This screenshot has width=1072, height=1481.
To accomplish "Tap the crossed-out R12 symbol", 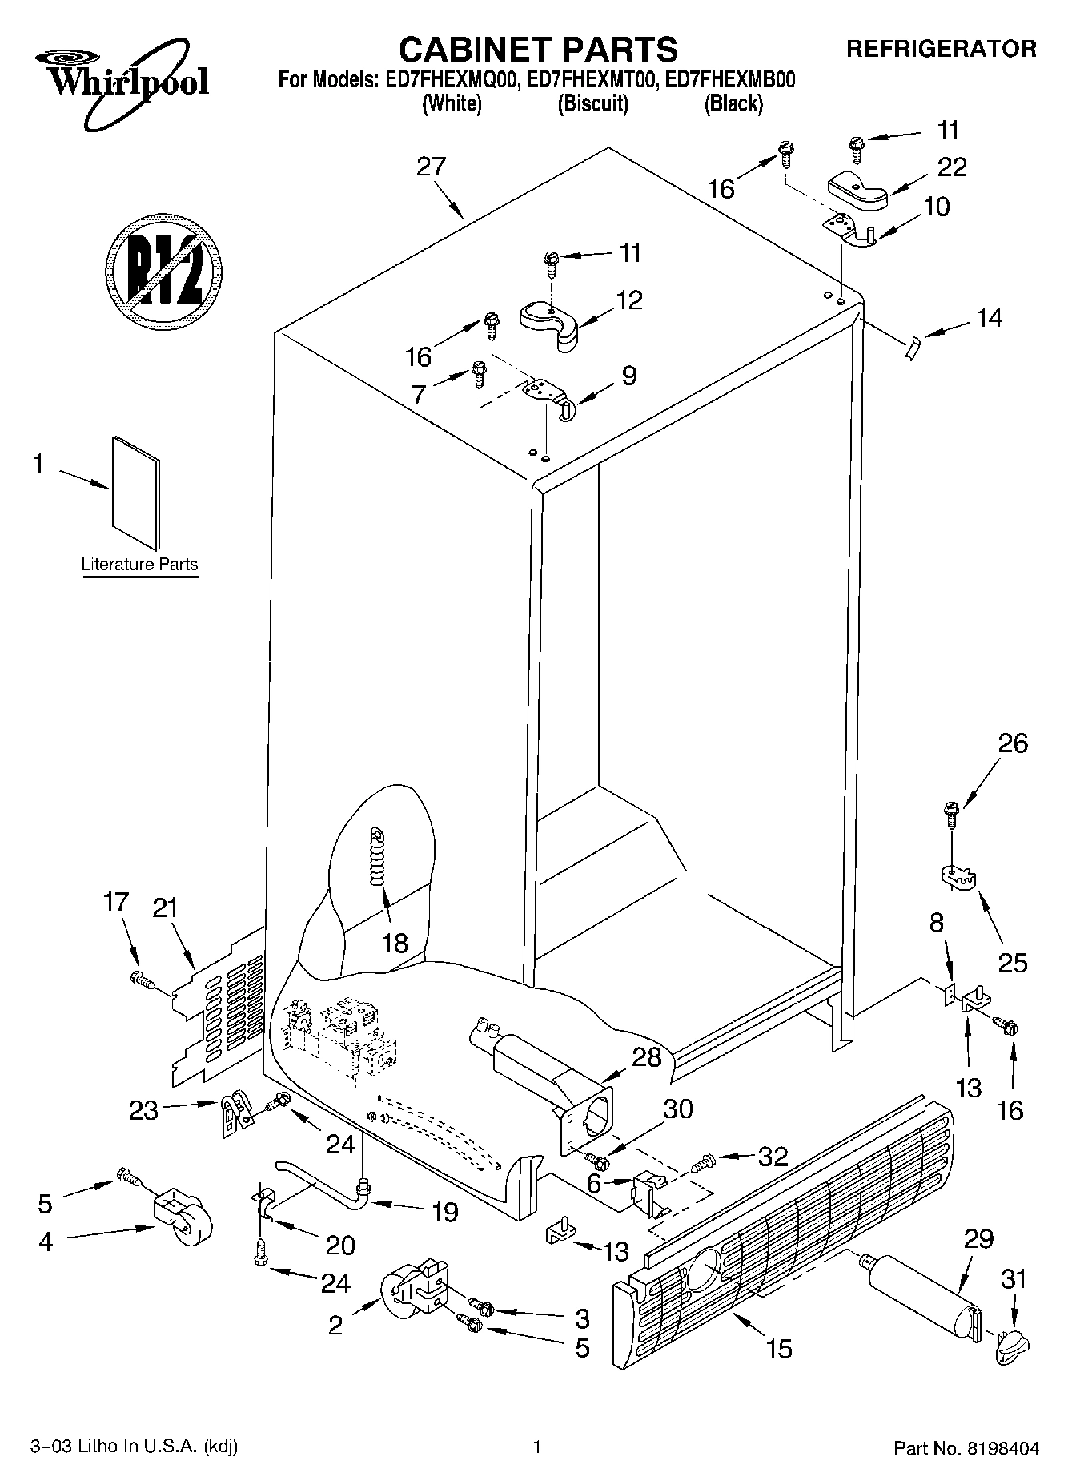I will coord(163,270).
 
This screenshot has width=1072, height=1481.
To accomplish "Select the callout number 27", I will coord(431,167).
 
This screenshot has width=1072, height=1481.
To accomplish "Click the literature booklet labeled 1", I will coord(135,493).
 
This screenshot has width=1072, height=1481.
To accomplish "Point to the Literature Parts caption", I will coord(139,564).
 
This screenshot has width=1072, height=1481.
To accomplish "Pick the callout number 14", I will coord(989,318).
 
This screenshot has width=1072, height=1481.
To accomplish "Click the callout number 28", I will coord(646,1058).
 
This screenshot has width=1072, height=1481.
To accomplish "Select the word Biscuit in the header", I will coord(592,103).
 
